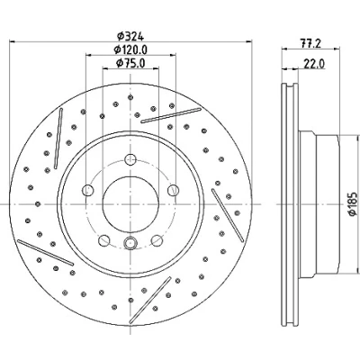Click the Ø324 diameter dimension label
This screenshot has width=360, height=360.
[x=130, y=36]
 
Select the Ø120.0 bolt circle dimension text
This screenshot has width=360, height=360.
[x=130, y=49]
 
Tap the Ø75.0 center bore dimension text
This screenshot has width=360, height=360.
[x=130, y=63]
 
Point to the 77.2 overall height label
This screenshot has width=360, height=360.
[x=310, y=44]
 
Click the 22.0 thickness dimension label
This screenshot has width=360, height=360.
[x=314, y=64]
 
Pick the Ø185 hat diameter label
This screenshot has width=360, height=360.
[x=353, y=203]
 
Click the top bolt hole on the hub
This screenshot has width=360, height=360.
[x=130, y=159]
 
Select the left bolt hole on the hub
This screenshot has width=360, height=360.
[x=88, y=190]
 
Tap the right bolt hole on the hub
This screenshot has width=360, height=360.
[x=173, y=190]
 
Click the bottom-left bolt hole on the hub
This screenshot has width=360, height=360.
[x=104, y=240]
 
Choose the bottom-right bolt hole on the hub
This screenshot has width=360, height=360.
[x=157, y=240]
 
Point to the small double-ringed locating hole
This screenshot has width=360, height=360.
[x=130, y=242]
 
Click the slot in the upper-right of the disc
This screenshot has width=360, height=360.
[x=171, y=115]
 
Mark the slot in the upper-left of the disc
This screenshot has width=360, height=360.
[x=58, y=139]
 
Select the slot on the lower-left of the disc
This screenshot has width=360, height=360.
[x=45, y=252]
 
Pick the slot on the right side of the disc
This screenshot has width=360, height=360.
[x=228, y=215]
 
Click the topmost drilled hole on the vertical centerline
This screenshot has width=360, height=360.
[x=130, y=97]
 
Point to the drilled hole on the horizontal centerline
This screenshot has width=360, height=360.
[x=38, y=204]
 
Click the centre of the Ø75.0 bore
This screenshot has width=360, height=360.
[x=130, y=204]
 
